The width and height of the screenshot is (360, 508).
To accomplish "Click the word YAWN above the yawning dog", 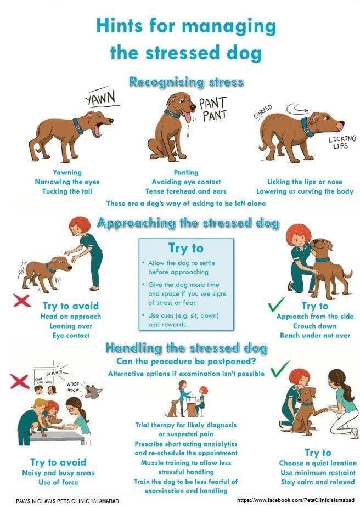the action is pos(101,97).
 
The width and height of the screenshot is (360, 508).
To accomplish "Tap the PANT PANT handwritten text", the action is pos(213,110).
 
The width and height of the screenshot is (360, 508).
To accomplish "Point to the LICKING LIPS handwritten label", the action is pos(342,142).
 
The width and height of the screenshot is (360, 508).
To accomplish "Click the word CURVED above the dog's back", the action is pos(263,112).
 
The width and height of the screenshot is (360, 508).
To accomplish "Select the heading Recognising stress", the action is pos(187,82).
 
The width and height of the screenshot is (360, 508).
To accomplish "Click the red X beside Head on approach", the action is pos(22,300).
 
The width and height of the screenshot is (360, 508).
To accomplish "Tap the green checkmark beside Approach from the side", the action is pos(277,304).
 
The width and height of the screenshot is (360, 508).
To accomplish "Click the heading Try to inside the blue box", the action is pos(186,248).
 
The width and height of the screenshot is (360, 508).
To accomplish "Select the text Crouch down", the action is pos(315,326).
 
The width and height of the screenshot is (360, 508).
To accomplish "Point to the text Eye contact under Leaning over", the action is pos(71,336).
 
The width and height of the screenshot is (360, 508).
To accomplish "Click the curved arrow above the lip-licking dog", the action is pos(297,108).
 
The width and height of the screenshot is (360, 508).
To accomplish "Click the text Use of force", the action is pos(58,482).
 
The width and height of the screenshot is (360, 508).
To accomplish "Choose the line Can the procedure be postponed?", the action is pos(187,361).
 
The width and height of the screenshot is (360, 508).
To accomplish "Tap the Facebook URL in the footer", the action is pos(296,500).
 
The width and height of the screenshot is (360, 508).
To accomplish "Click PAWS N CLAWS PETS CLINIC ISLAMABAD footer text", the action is pos(67,501).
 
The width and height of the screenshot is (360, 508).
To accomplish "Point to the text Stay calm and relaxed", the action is pos(318,482).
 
